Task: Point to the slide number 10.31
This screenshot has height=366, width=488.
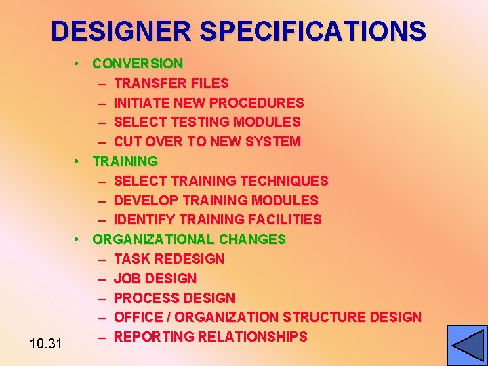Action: (46, 344)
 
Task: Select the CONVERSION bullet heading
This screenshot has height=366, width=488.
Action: (138, 64)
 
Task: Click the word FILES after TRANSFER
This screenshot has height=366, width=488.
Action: (210, 83)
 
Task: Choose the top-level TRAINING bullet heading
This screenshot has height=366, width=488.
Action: (125, 161)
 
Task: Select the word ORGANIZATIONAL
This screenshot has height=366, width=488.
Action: (154, 239)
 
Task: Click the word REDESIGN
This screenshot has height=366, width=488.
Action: (189, 259)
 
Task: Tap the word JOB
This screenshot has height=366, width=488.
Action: (126, 279)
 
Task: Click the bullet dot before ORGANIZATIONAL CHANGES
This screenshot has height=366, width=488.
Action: (79, 239)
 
